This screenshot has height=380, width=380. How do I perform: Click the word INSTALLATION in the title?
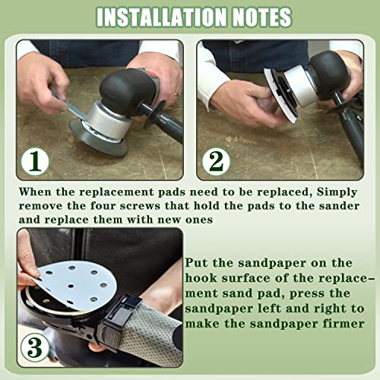162,17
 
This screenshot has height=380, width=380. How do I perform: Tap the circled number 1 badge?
35,162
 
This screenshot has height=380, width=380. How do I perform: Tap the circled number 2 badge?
216,162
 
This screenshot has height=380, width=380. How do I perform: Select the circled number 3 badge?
35,347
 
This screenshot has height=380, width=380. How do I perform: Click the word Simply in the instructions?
337,192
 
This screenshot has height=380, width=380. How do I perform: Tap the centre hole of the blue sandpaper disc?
71,286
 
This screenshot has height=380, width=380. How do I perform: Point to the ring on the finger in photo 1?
176,94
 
